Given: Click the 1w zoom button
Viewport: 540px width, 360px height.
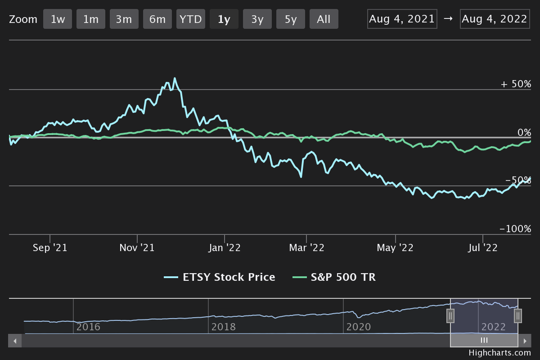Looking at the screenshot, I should click(x=58, y=19).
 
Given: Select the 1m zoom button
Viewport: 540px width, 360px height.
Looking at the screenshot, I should click(x=91, y=19).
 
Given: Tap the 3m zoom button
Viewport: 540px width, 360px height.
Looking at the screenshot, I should click(x=124, y=19).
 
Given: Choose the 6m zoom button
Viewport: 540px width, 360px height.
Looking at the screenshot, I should click(x=157, y=19).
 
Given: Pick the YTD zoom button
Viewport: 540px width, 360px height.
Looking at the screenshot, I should click(x=191, y=19).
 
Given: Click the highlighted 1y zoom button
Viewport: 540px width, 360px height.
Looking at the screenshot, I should click(x=224, y=19).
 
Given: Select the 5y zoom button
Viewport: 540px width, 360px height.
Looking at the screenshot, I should click(x=291, y=19).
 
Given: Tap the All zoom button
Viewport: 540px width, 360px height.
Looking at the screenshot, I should click(x=324, y=19).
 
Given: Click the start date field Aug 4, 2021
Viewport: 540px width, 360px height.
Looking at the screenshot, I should click(x=402, y=19).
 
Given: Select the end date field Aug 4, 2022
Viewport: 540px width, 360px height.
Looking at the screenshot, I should click(x=495, y=19).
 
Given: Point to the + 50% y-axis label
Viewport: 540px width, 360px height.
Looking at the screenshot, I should click(x=516, y=84).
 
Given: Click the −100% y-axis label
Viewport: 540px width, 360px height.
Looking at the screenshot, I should click(x=515, y=229).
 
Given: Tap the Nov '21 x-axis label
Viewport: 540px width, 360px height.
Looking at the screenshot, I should click(x=138, y=248).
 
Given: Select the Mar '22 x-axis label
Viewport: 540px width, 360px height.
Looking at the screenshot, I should click(x=306, y=248).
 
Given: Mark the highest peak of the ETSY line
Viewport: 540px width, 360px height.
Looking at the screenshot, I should click(x=175, y=78).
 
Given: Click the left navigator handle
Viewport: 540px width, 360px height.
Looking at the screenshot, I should click(x=450, y=316).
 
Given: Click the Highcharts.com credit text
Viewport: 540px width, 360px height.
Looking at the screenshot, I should click(x=499, y=353).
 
